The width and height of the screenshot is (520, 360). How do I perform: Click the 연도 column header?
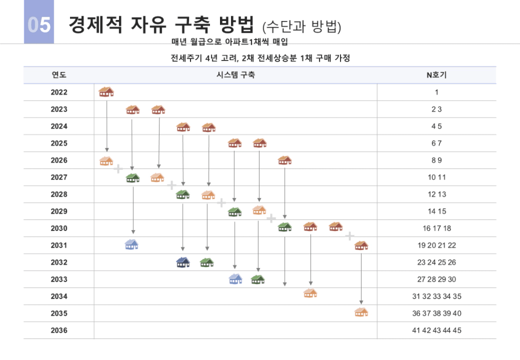tap(59, 75)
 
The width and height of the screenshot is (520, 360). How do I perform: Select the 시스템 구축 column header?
tap(236, 75)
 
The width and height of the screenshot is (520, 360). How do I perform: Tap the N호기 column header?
tap(436, 75)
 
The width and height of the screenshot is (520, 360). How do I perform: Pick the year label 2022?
tap(59, 93)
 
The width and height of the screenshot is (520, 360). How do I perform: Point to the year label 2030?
tap(59, 228)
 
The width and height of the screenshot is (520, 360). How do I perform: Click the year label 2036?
tap(59, 331)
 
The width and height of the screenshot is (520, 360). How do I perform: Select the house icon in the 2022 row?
tap(106, 92)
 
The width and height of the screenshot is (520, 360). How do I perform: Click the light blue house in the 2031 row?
tap(132, 244)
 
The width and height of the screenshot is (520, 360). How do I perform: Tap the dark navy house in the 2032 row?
tap(183, 262)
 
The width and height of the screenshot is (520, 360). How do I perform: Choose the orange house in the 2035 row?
tap(361, 312)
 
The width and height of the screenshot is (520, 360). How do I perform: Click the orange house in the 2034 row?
tap(310, 293)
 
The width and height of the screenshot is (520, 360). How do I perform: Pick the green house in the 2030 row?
tap(285, 227)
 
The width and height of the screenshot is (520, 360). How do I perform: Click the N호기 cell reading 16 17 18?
tap(436, 228)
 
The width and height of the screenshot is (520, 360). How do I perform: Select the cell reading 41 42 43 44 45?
tap(436, 331)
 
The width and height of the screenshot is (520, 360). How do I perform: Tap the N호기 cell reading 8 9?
tap(436, 161)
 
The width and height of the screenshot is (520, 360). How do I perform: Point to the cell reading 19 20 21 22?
tap(436, 245)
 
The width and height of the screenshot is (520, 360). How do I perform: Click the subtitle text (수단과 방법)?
tap(302, 26)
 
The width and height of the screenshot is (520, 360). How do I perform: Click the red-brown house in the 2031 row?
tap(361, 245)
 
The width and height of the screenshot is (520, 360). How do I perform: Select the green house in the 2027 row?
tap(133, 178)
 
